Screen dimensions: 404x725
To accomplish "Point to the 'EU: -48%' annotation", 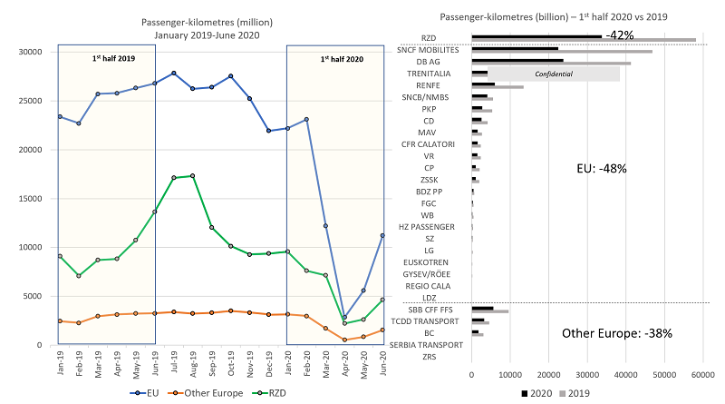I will pos(602,168).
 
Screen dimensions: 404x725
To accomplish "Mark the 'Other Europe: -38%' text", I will pos(617,333).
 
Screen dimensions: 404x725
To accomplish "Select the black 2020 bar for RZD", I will pos(536,36).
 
